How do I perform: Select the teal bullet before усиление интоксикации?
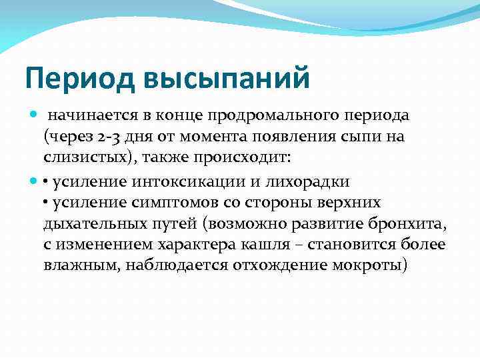[34, 181]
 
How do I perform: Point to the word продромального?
[274, 116]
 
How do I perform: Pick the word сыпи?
[375, 137]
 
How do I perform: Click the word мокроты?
[369, 267]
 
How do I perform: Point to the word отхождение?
[279, 267]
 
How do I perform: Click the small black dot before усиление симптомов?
[47, 203]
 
